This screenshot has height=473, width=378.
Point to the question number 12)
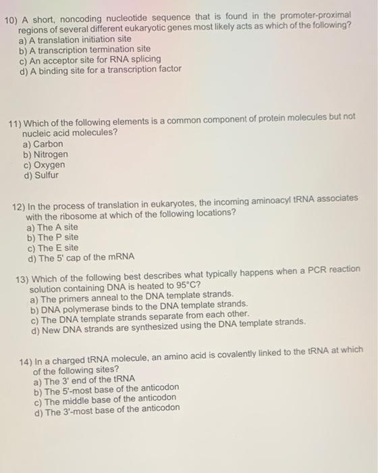19,202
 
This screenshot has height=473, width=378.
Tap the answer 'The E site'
53,247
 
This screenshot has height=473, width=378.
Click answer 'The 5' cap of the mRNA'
81,257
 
